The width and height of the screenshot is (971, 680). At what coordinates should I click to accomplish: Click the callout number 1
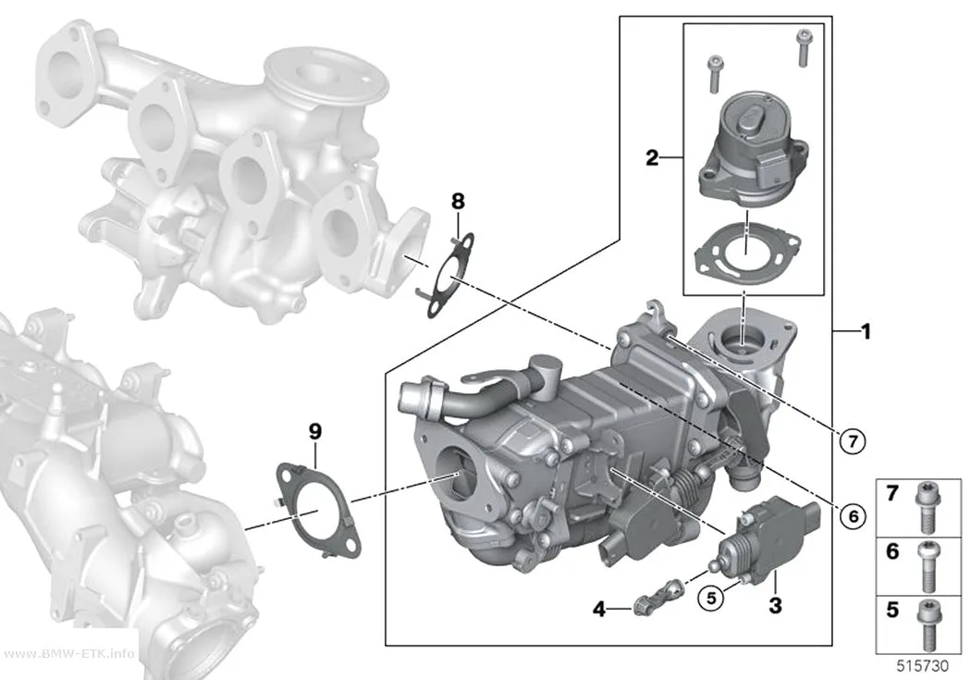coord(866,331)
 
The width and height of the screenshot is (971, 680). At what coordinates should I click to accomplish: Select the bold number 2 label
coord(652,158)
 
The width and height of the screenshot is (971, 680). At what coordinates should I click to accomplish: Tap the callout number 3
coord(775,605)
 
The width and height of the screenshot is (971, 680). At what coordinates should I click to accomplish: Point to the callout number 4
coord(599,610)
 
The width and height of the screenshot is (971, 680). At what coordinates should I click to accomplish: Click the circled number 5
coord(711,598)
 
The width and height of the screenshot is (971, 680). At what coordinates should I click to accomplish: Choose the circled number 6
coord(854,515)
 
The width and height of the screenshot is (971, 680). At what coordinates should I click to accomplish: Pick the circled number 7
coord(853,441)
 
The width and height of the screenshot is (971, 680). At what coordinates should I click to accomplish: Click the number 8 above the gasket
coord(458,202)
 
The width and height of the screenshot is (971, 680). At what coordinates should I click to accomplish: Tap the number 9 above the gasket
coord(315,432)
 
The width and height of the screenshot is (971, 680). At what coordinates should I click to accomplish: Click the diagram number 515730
coord(923,666)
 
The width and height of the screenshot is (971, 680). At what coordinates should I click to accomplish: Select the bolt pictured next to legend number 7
coord(925,507)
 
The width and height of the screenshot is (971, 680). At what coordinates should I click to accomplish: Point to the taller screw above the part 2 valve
coord(804,48)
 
